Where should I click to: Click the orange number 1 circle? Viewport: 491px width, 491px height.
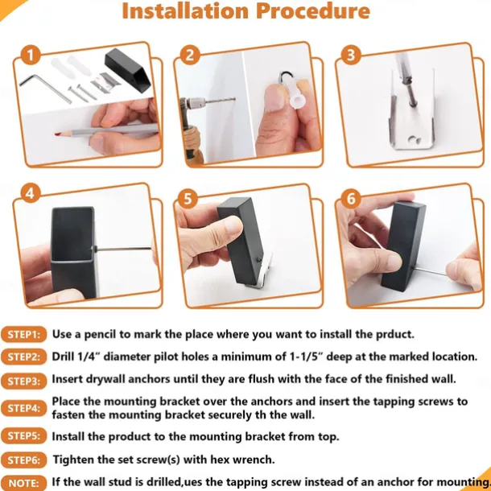click(31, 56)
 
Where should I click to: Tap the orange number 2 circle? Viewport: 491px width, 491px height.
click(190, 56)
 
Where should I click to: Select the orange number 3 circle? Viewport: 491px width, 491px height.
click(351, 55)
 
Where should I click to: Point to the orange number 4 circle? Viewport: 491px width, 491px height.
click(31, 193)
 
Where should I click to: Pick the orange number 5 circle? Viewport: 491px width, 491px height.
click(188, 199)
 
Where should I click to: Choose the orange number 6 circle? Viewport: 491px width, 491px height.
click(351, 198)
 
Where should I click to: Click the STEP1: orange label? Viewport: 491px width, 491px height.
click(24, 334)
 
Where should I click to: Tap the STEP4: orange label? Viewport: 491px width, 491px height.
click(24, 408)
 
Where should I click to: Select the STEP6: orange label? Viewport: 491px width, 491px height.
click(24, 460)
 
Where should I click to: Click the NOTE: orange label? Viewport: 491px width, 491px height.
click(24, 483)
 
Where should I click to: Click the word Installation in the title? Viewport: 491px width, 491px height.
click(185, 11)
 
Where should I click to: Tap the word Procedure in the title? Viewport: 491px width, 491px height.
click(313, 11)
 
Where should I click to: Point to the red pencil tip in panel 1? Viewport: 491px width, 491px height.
click(58, 134)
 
